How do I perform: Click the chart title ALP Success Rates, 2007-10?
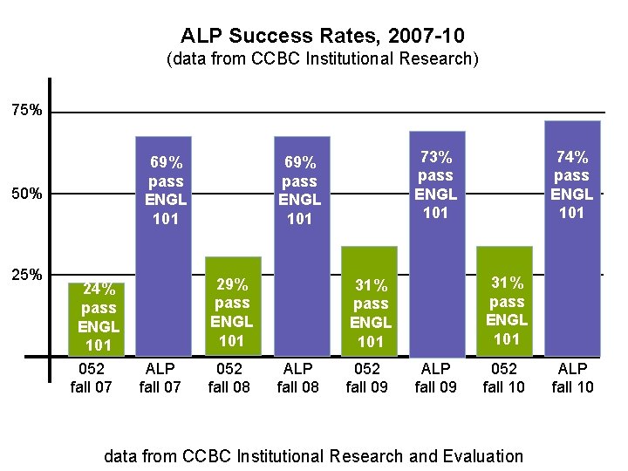[322, 36]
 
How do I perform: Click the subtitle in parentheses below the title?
[322, 59]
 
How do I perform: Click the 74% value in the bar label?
[572, 157]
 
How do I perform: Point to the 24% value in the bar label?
[98, 290]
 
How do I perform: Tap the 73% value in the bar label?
[436, 157]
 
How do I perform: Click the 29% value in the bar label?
[232, 284]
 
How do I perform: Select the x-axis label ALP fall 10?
[572, 378]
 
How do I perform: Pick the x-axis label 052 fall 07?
[91, 378]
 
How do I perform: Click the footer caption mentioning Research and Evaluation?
[313, 455]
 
